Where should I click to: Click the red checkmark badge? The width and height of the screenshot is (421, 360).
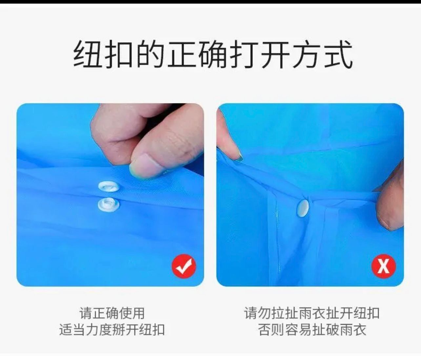(184, 266)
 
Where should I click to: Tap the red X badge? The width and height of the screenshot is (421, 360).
(384, 266)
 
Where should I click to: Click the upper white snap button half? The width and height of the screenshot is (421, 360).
(109, 187)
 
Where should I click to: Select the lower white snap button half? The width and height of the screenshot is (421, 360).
(109, 204)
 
